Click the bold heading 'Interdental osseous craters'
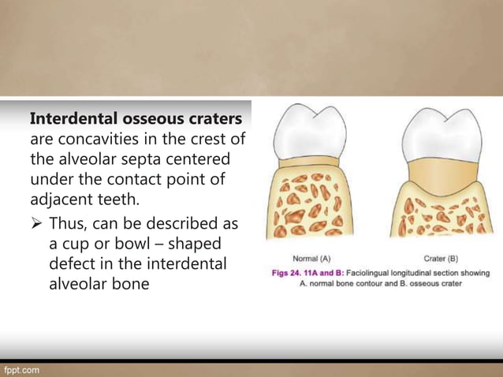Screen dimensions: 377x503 (136, 119)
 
